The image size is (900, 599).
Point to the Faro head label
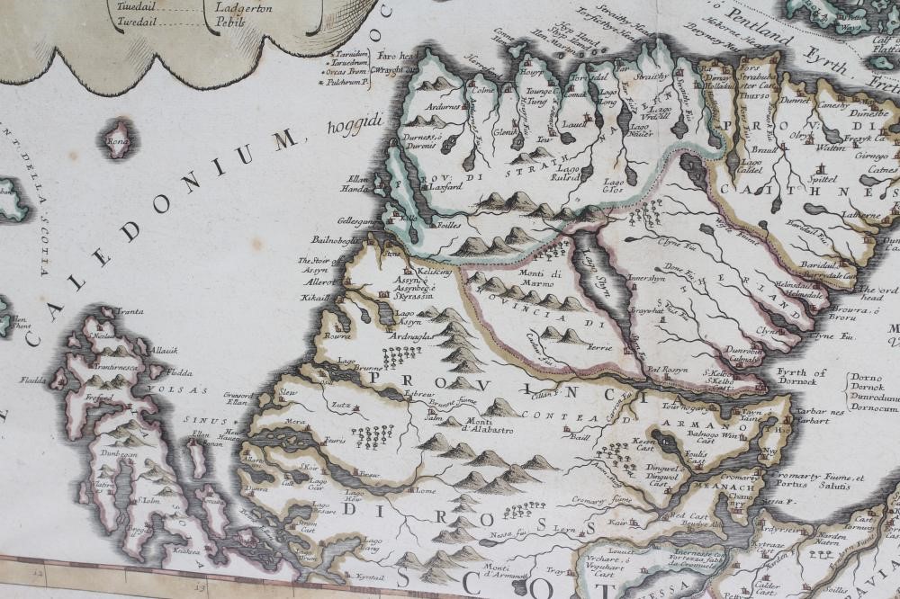click(396, 55)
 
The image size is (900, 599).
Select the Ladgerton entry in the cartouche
click(241, 5)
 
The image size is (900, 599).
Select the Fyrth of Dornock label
click(802, 378)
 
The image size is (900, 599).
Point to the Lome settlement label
click(425, 491)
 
